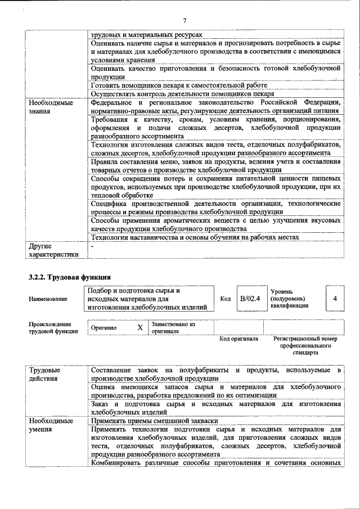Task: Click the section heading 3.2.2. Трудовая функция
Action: pos(70,277)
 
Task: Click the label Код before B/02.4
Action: pos(226,299)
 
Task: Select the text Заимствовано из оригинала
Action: pos(173,328)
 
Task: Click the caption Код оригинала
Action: pos(238,339)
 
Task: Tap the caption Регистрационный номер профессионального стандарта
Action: pos(305,346)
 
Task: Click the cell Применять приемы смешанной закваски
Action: pos(154,421)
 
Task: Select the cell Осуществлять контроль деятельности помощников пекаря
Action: pos(182,94)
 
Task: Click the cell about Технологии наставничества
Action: pos(195,237)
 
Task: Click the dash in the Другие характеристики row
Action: pos(92,246)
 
